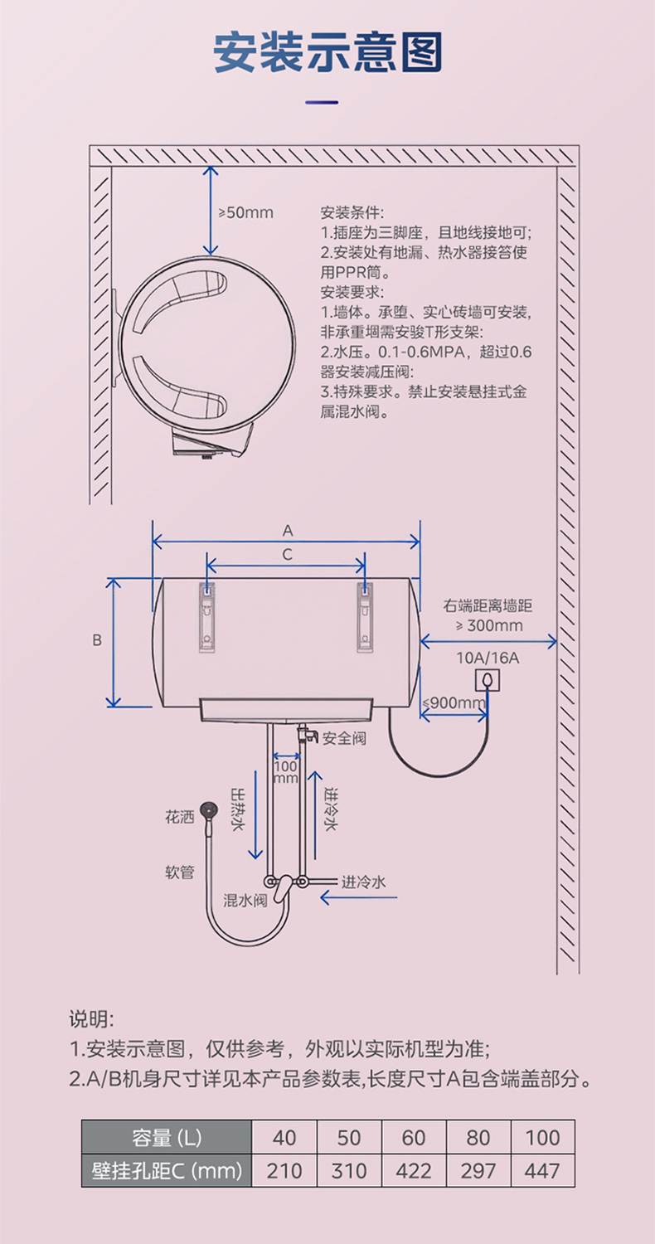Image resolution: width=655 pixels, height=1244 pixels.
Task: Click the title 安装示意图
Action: (x=327, y=52)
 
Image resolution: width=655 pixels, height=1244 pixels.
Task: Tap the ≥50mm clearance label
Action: (x=245, y=213)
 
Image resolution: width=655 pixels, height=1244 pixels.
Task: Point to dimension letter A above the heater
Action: (x=288, y=530)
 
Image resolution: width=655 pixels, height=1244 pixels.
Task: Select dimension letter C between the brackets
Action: (x=287, y=555)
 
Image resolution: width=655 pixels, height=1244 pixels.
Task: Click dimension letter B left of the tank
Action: (x=97, y=640)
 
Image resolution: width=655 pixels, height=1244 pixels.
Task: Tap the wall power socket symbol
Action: (x=487, y=680)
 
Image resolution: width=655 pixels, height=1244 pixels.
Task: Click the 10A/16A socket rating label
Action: (x=488, y=658)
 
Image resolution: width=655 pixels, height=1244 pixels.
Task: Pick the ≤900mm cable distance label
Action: (x=454, y=703)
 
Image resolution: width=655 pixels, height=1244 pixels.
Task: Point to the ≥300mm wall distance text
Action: (x=489, y=625)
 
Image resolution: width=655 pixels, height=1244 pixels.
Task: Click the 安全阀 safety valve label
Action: (x=344, y=737)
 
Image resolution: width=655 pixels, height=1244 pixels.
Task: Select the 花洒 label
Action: (x=179, y=817)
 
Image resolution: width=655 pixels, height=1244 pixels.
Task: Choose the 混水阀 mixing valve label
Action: (x=245, y=901)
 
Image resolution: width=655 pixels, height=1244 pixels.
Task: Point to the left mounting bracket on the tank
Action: (x=206, y=617)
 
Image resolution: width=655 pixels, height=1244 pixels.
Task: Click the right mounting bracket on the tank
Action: (x=364, y=617)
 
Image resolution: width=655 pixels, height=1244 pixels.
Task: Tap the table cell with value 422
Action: (x=414, y=1170)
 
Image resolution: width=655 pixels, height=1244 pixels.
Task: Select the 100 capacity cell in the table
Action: (x=543, y=1137)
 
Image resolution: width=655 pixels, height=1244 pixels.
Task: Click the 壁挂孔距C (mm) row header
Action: (x=166, y=1170)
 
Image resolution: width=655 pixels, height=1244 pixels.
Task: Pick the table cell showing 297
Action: (x=478, y=1170)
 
